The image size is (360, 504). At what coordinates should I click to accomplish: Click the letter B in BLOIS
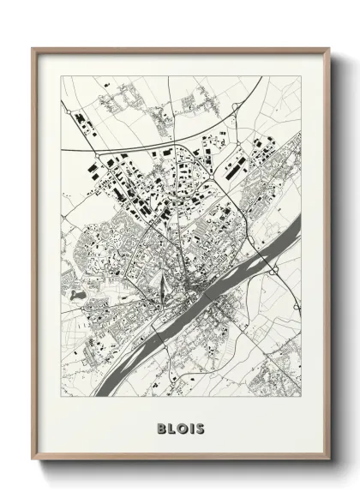click(x=160, y=426)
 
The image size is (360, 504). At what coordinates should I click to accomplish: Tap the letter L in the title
click(x=171, y=426)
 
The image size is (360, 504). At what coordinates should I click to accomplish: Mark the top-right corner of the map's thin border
click(x=302, y=76)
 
